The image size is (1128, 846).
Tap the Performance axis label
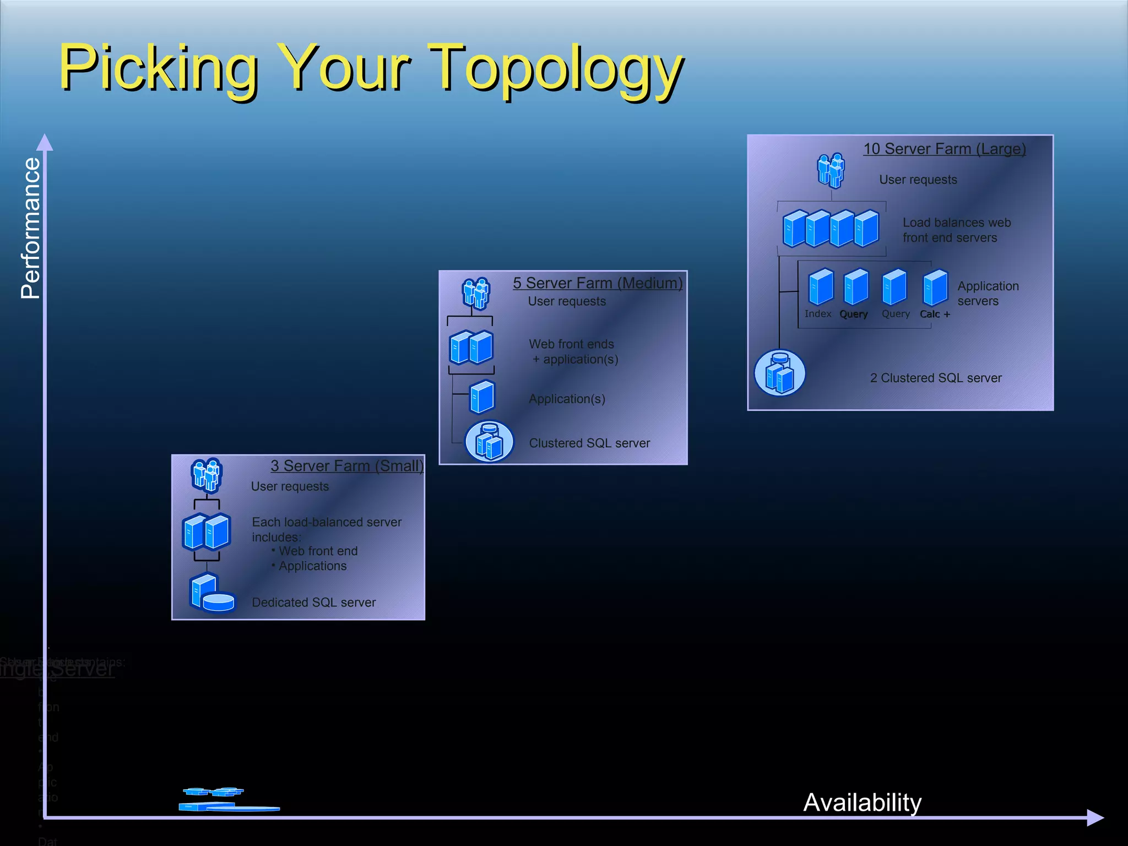[31, 228]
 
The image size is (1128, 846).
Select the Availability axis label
[862, 802]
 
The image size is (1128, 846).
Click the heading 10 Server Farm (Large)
[944, 149]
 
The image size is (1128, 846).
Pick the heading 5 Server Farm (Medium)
[598, 283]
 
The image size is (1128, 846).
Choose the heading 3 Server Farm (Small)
[347, 466]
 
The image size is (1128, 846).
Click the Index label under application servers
[817, 313]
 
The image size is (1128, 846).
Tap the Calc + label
[935, 314]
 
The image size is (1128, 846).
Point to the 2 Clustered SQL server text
[935, 378]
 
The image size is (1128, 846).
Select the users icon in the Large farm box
[831, 170]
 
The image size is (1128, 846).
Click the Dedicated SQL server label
[313, 603]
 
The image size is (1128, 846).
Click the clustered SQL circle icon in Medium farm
[489, 442]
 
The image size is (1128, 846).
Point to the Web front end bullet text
[318, 551]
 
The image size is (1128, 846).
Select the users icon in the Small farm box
[207, 475]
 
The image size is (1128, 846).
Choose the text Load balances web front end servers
[956, 230]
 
